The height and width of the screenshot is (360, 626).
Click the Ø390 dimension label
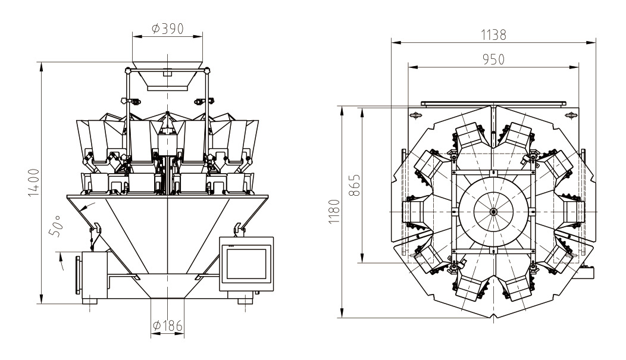[167, 29]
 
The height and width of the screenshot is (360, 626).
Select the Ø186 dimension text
[167, 325]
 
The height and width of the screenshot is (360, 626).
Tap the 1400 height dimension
[34, 183]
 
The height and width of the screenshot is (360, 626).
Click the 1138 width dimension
[493, 35]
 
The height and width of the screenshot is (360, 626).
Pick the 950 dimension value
[493, 59]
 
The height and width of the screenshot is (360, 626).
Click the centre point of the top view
[493, 211]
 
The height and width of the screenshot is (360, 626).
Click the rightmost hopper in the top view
[574, 212]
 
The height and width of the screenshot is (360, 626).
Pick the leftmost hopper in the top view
[413, 212]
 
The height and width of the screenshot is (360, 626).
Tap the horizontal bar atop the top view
[493, 103]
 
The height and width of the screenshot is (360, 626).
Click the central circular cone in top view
[493, 211]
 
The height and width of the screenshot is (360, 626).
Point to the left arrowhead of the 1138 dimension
[393, 42]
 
